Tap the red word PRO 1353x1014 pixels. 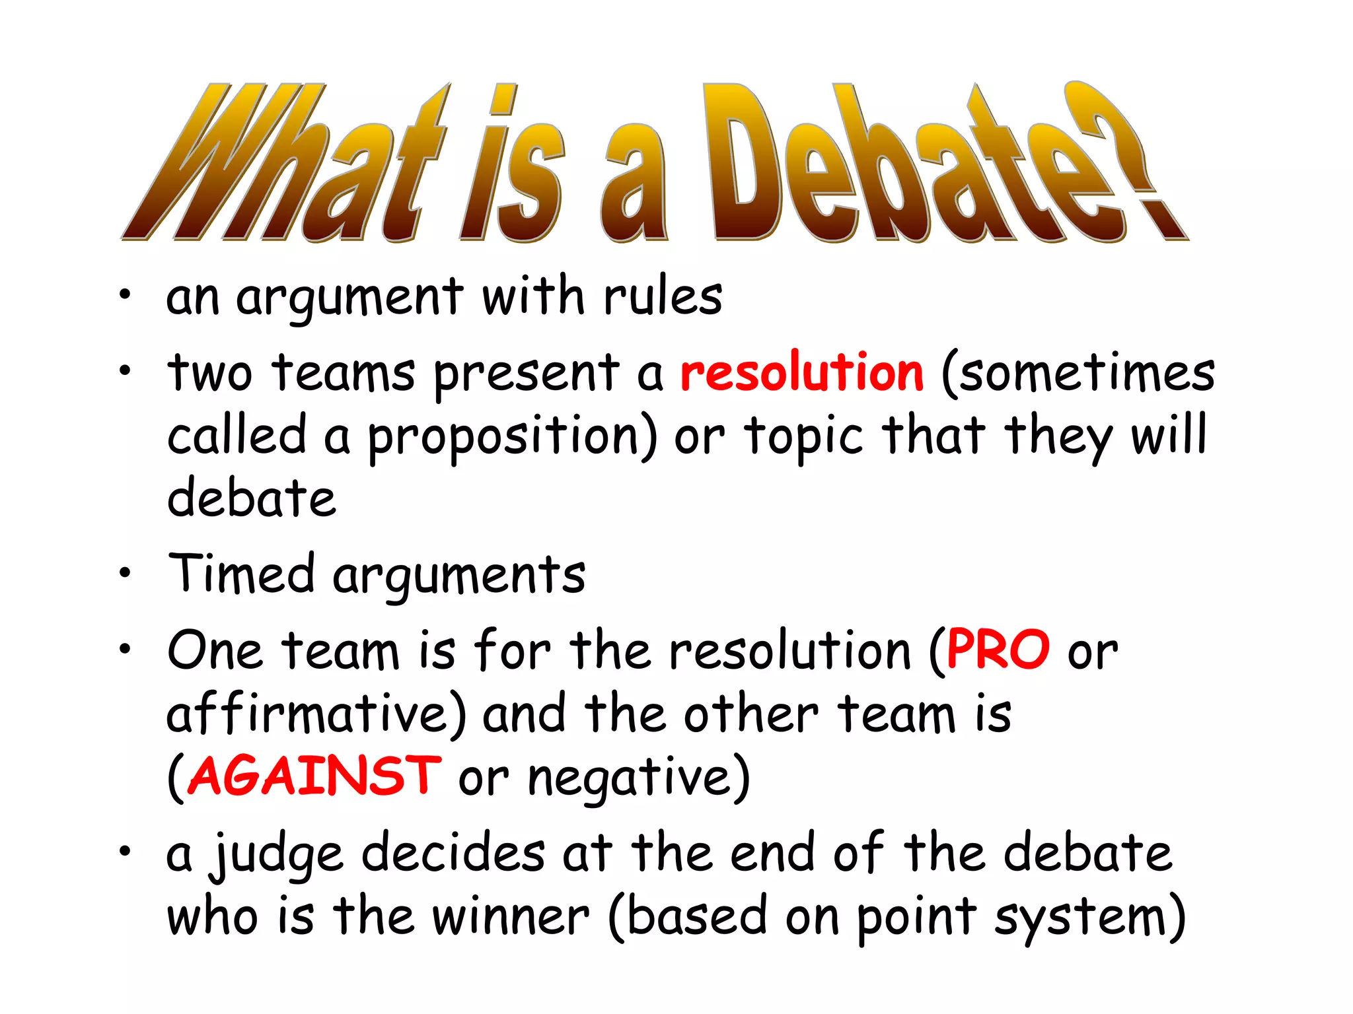998,650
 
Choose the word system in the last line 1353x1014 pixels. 1089,918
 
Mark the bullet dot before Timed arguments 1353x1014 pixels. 125,572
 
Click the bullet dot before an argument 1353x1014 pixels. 125,295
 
